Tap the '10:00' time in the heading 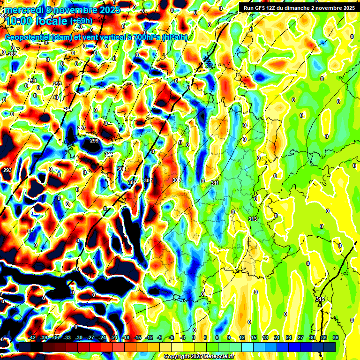tap(19, 21)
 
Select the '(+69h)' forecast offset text tap(81, 21)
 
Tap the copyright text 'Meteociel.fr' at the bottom tap(217, 357)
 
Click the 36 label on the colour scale tap(335, 337)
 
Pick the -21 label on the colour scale tap(113, 337)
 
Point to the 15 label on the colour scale tap(254, 337)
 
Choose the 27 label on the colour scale tap(300, 337)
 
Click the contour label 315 tap(320, 299)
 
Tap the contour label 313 tap(253, 219)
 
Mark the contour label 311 tap(215, 183)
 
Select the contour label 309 tap(177, 180)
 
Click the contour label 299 tap(94, 141)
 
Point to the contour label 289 tap(12, 54)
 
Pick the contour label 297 tap(82, 128)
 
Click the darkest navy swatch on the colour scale tap(330, 347)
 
